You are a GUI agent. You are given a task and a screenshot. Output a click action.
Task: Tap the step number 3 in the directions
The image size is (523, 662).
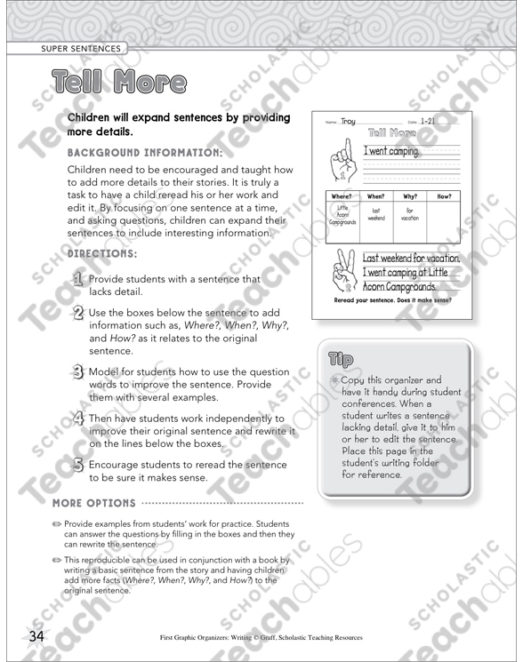[77, 372]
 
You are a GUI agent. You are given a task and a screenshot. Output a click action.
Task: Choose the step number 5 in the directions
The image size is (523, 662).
[77, 465]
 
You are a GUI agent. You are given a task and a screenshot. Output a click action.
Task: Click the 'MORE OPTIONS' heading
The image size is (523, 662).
[95, 502]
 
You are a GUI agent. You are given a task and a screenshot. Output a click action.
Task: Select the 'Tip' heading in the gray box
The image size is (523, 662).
[342, 359]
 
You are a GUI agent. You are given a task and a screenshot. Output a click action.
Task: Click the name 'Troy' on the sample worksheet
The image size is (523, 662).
[348, 122]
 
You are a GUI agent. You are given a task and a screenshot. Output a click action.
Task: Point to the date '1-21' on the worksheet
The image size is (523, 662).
[426, 122]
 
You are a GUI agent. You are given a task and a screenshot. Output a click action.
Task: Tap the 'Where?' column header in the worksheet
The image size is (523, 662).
[341, 196]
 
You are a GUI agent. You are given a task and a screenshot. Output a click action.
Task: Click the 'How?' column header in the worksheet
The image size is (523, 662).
[444, 196]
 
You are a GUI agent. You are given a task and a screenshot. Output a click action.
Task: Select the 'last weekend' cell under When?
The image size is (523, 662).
[374, 214]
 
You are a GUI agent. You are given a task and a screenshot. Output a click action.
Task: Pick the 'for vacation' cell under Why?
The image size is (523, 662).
[410, 214]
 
